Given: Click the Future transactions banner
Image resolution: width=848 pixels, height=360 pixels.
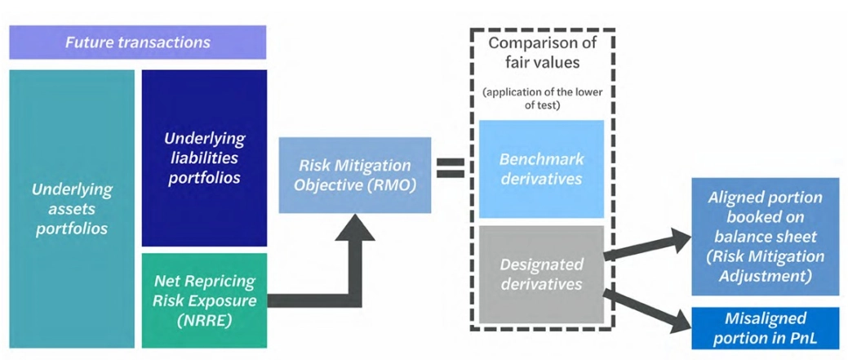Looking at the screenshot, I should (137, 42).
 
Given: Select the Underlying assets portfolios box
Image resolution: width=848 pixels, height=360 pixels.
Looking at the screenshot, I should (71, 208).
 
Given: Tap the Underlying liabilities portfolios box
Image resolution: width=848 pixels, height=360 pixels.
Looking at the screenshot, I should (204, 157).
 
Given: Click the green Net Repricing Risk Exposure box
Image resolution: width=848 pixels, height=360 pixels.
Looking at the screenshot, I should (204, 300).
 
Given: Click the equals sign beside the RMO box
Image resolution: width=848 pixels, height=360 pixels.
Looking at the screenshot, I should (449, 167).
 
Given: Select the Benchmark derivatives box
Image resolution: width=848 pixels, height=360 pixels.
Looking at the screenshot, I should (541, 169).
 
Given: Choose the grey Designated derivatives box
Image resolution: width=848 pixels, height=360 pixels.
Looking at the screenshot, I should (541, 274).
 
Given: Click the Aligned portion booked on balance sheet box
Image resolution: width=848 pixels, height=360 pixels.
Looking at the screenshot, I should (765, 237).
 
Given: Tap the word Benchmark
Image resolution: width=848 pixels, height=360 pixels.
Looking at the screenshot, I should (541, 159).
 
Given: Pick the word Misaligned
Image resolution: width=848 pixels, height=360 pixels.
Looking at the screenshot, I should (765, 318).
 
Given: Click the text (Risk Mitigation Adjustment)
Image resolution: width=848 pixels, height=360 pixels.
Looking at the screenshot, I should (765, 266).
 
